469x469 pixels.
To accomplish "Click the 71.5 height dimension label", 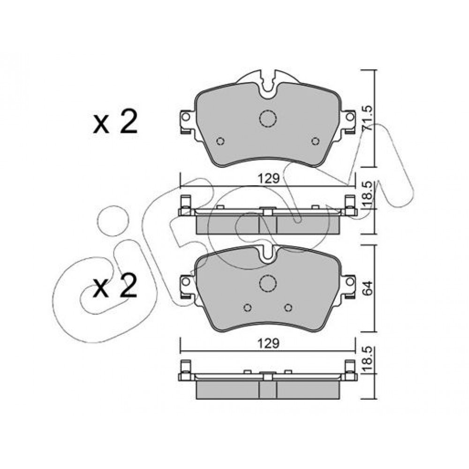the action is [367, 118].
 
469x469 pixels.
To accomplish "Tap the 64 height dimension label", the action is [368, 288].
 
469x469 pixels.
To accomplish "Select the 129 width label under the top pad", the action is [268, 179].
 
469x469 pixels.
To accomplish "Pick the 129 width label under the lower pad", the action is [268, 344].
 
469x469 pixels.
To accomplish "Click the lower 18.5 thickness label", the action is [368, 358].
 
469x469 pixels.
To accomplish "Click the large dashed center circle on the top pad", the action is [268, 118].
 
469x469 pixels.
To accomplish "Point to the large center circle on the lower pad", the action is [268, 283].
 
